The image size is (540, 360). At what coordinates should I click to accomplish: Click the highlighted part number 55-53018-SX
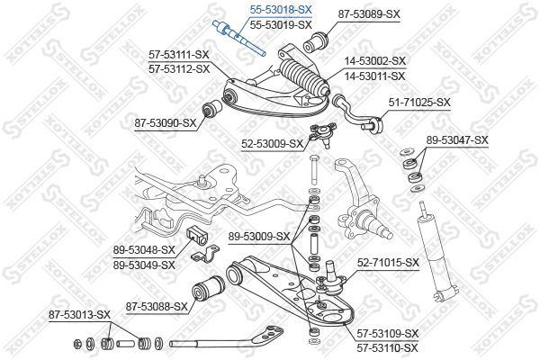point(280,9)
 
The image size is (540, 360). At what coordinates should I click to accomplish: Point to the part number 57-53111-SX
point(179,55)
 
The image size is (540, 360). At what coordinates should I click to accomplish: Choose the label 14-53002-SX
point(374,60)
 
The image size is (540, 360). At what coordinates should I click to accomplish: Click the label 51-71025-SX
point(418,103)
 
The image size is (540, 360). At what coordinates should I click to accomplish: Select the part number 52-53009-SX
point(272,142)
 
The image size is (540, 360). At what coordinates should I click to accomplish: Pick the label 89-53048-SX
point(144,252)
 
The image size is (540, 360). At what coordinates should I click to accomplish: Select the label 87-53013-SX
point(79,314)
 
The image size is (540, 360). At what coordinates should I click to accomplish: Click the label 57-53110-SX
point(387,346)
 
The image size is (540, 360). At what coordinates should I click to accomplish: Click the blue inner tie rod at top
point(238,37)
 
